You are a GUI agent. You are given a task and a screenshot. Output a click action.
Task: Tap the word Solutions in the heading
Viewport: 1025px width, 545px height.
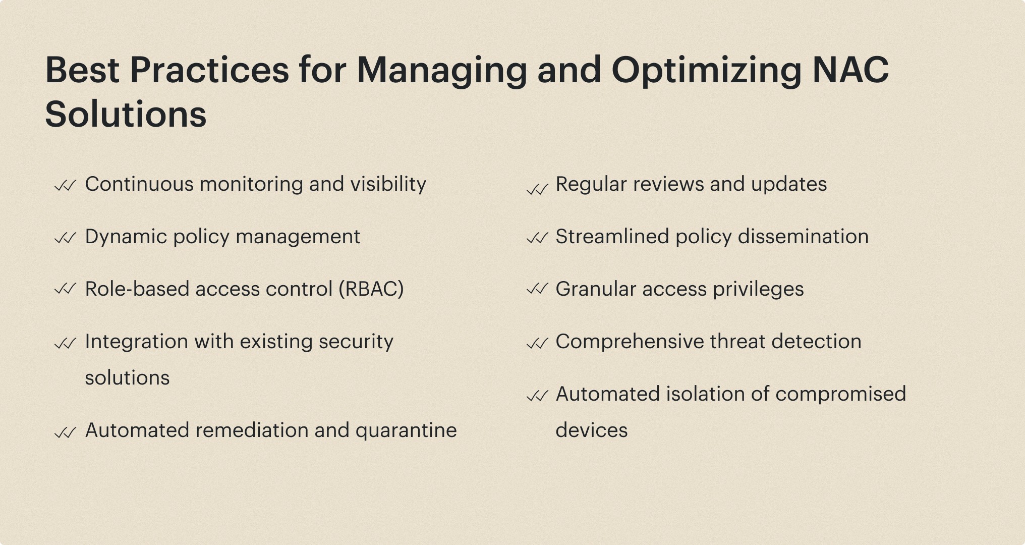(126, 114)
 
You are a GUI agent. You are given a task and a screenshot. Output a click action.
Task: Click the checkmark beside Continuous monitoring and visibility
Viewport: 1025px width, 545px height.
(65, 186)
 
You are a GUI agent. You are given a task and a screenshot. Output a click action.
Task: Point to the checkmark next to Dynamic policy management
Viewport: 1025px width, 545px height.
(65, 238)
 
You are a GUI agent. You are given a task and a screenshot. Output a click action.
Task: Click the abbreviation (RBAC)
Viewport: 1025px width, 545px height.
(371, 289)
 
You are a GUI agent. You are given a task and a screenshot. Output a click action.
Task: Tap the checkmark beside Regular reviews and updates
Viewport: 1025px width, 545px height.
(537, 189)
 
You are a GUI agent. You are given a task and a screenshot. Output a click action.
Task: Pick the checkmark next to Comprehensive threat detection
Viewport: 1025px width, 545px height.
(537, 343)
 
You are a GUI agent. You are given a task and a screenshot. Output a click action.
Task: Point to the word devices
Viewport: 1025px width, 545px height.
(592, 430)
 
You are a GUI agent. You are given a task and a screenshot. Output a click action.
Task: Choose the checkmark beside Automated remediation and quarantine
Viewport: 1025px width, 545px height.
(65, 432)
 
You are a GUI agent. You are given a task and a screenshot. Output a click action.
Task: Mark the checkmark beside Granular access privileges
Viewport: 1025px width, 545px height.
(537, 289)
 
